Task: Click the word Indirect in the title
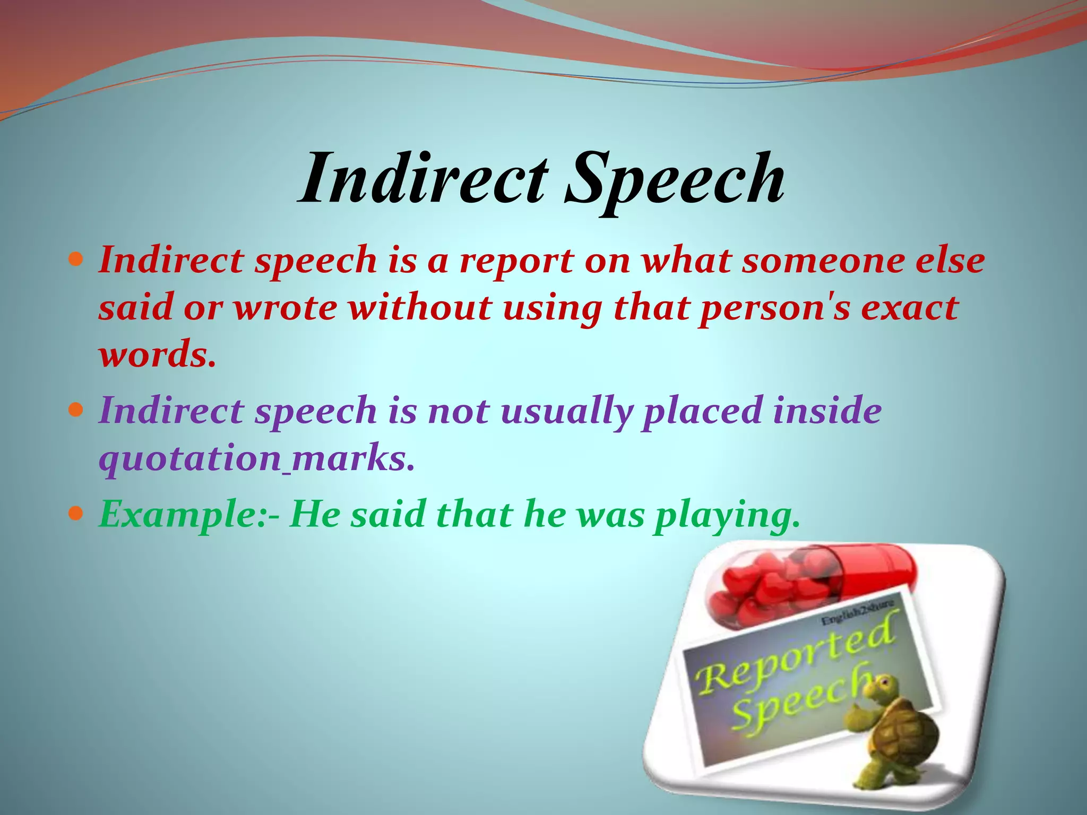[422, 178]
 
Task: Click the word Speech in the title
[674, 180]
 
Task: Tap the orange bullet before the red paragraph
[76, 261]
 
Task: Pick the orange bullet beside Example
[76, 514]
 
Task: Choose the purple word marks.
[352, 458]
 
